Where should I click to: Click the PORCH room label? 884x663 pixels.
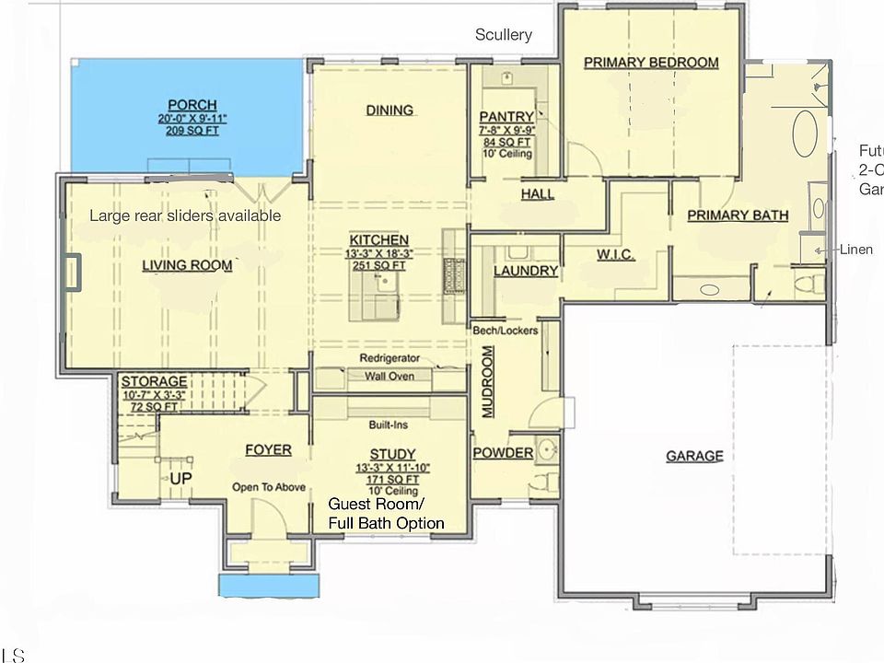point(192,105)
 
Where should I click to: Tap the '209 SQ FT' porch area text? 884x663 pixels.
point(192,132)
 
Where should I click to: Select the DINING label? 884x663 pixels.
point(390,110)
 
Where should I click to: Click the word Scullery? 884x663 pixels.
point(504,35)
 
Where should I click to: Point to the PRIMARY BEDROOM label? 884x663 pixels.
point(651,63)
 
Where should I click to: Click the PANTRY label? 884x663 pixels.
point(506,117)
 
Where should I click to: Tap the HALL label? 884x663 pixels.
point(538,194)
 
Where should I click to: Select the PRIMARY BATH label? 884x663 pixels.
point(738,215)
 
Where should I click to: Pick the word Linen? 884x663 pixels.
point(856,250)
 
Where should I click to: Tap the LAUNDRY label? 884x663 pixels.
point(526,271)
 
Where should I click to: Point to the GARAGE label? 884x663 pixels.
point(694,456)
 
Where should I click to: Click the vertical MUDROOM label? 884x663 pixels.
point(488,382)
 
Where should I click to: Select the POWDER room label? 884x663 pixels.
point(503,453)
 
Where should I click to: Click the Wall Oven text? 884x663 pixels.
point(389,376)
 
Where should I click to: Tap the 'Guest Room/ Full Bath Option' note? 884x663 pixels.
point(387,514)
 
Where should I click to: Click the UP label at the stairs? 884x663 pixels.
point(180,480)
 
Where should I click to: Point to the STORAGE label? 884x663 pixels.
point(155,381)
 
